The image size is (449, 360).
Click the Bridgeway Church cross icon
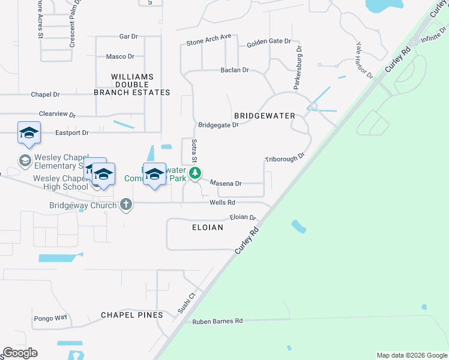(126, 205)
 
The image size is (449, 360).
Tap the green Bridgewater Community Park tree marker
(195, 173)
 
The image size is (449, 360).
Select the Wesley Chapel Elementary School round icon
(25, 160)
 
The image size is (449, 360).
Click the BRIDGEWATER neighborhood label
(264, 115)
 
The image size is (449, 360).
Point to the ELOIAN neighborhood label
(207, 227)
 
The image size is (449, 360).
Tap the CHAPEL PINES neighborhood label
(131, 315)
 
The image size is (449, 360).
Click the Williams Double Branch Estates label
(132, 85)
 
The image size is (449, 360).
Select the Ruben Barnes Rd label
(217, 322)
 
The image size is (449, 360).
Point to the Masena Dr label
(225, 184)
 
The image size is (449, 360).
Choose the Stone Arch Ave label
(208, 40)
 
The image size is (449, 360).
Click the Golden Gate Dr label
(269, 43)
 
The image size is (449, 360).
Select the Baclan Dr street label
(235, 70)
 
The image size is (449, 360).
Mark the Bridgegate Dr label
(218, 125)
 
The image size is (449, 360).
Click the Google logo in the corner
(20, 353)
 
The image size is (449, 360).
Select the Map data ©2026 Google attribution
(411, 355)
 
